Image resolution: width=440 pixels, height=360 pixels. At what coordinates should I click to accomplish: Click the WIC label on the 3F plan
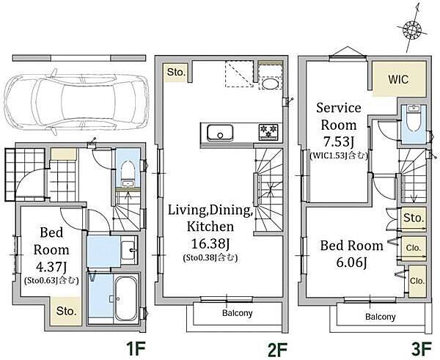[398, 79]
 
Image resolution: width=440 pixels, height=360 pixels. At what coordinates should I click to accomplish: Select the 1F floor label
[136, 349]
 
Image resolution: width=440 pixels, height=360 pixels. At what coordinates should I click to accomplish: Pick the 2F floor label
[277, 349]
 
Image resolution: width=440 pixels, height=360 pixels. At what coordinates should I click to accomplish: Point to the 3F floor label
[421, 349]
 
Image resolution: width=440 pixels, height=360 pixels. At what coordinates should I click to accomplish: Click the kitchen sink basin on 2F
[220, 133]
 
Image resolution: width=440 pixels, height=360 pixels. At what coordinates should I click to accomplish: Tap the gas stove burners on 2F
[268, 131]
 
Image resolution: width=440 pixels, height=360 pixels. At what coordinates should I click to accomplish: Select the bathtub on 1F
[126, 299]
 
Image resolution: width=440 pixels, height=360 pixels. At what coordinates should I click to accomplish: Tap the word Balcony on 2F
[238, 313]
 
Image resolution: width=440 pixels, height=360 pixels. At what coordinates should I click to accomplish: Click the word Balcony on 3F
[380, 317]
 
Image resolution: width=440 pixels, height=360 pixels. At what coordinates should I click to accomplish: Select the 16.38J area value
[210, 244]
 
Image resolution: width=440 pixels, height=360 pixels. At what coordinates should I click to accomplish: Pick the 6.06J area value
[351, 262]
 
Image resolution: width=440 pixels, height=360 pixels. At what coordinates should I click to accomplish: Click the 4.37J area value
[51, 267]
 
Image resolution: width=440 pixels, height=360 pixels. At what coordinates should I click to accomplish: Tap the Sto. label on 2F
[176, 72]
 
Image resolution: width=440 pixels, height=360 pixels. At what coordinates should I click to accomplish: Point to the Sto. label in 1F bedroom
[66, 311]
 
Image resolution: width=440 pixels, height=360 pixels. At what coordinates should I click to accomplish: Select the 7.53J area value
[338, 142]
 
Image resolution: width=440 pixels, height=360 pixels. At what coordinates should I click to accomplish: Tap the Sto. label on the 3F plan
[414, 218]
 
